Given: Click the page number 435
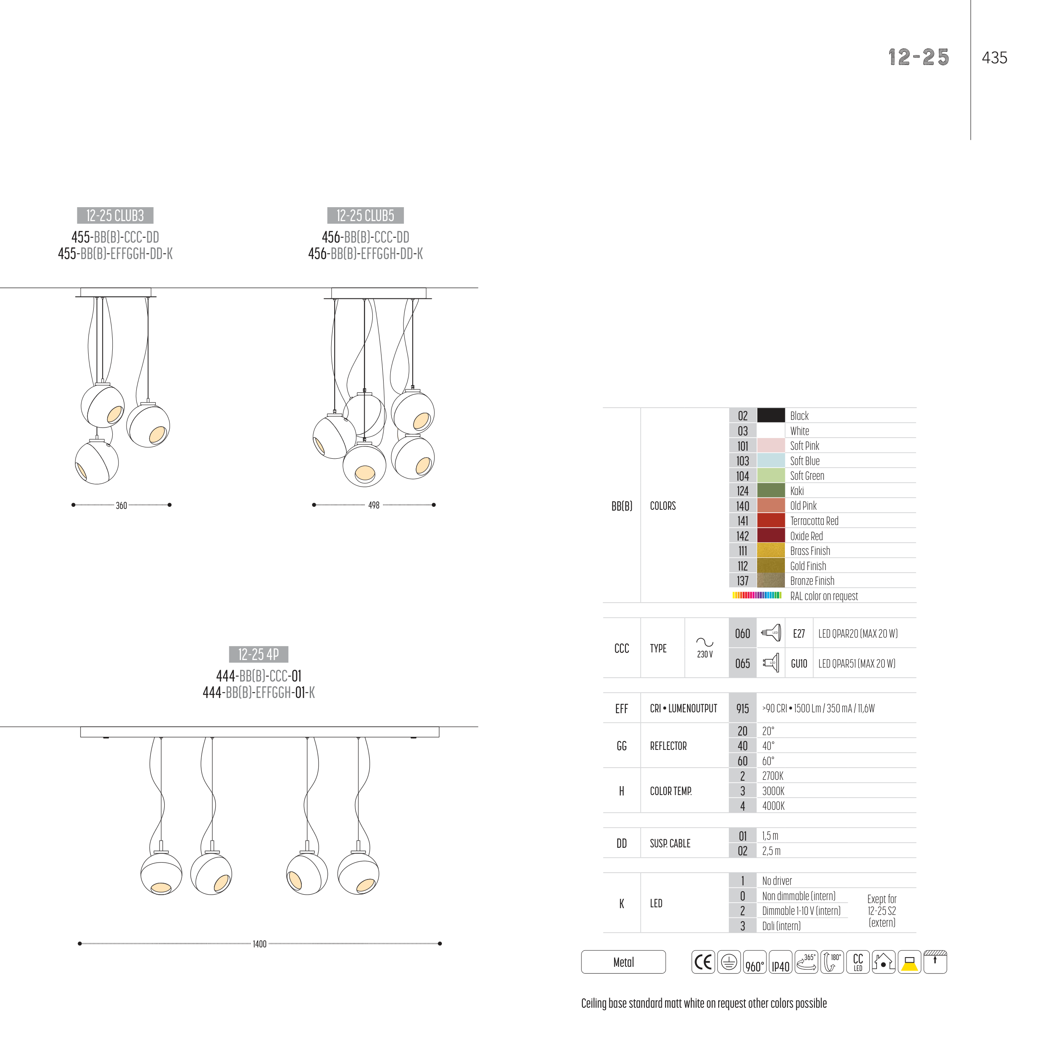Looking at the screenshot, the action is [x=994, y=58].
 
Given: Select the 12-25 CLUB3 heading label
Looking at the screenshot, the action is [x=115, y=216].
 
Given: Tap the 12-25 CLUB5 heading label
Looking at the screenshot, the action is [x=365, y=216].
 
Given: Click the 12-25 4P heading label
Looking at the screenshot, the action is [x=259, y=654].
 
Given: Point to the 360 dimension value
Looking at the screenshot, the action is [x=121, y=506].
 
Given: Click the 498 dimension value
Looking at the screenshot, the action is [x=373, y=506].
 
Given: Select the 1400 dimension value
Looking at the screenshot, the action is [x=260, y=944].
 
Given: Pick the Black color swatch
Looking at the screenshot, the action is [x=771, y=416].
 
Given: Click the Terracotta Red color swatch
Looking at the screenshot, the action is [x=771, y=520].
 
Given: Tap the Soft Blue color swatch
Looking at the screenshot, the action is [x=771, y=460].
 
